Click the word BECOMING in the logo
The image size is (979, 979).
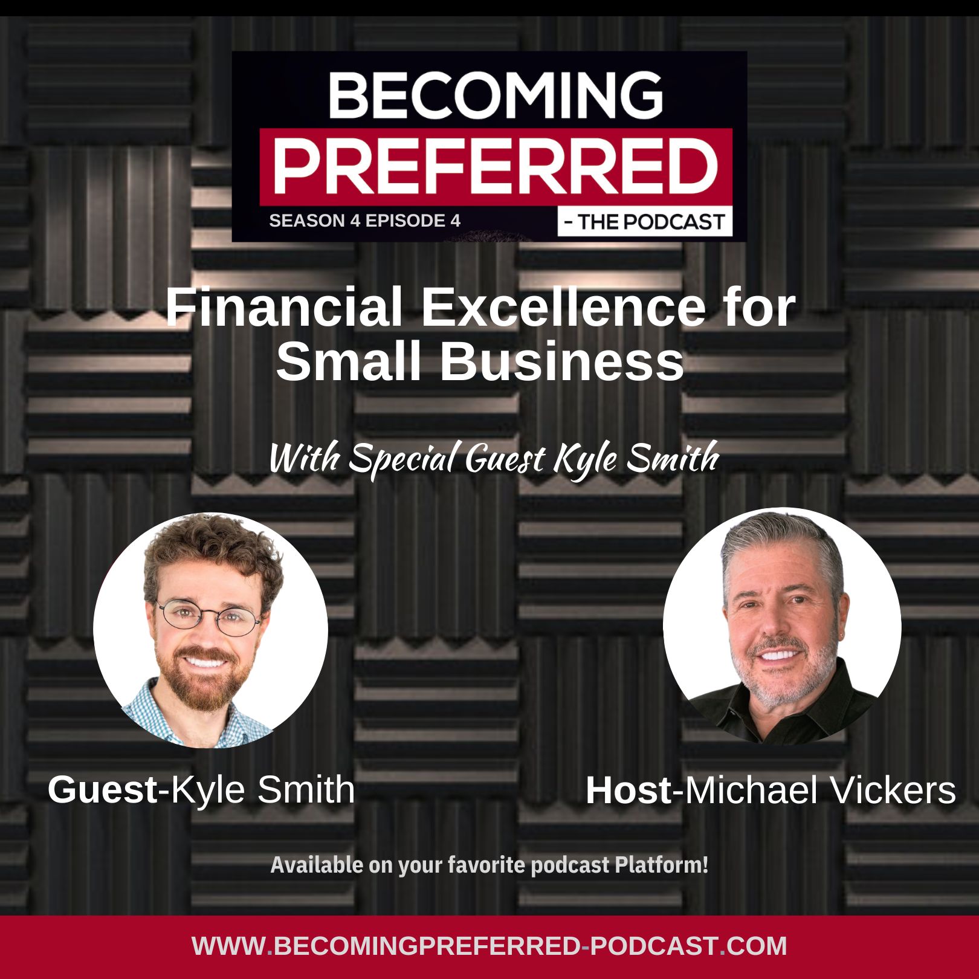[496, 95]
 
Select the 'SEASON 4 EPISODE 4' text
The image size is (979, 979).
[364, 221]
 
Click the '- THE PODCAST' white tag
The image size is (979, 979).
[645, 222]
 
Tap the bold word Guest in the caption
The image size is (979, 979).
[102, 790]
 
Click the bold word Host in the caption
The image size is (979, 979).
[628, 790]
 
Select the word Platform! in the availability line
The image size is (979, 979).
[661, 865]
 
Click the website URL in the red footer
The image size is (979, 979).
[489, 946]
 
